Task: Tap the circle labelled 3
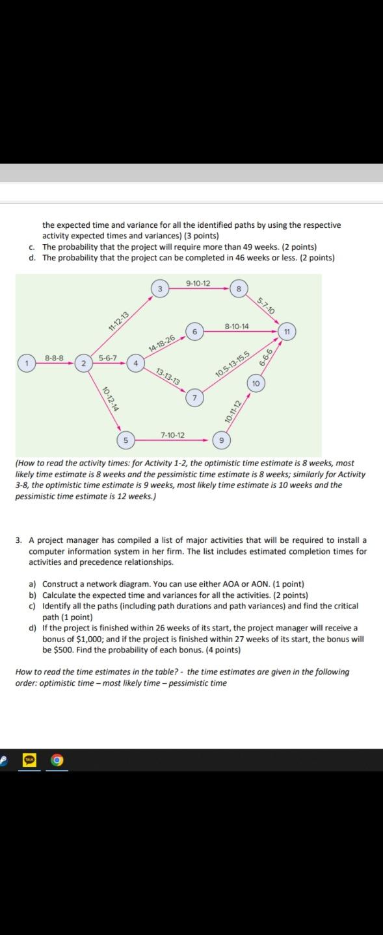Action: click(x=160, y=287)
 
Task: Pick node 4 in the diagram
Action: click(x=136, y=362)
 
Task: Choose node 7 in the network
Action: click(x=195, y=396)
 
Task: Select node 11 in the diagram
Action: click(x=284, y=331)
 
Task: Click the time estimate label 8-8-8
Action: click(x=54, y=357)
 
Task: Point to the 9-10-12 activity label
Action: click(x=197, y=282)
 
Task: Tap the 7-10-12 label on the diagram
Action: click(x=172, y=434)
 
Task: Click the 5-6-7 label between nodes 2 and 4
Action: click(x=108, y=357)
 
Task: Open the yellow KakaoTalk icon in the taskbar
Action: click(x=29, y=759)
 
